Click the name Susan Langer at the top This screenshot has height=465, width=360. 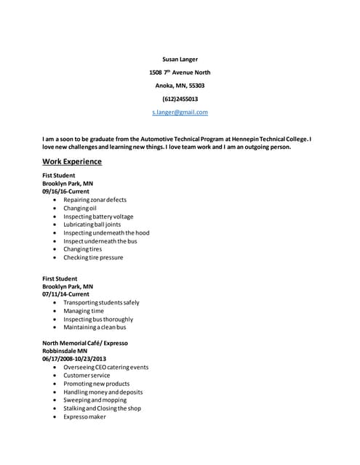coord(180,59)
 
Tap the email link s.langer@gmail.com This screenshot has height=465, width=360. coord(180,112)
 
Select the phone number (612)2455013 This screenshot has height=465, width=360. coord(180,99)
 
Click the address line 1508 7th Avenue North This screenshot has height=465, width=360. coord(180,73)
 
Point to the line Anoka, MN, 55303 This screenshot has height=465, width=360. coord(180,86)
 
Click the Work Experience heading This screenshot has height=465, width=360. coord(72,161)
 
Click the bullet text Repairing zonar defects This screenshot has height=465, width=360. coord(95,200)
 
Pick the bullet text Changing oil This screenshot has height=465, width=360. coord(80,208)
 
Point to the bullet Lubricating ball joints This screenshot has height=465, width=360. coord(92,225)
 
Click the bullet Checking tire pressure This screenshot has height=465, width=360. coord(93,257)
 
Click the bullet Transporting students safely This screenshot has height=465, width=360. coord(101,302)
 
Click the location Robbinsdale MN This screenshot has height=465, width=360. coord(65,350)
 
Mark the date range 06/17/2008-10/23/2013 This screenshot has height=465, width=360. coord(74,359)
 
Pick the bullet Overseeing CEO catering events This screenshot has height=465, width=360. coord(105,368)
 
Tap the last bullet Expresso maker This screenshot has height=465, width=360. coord(84,416)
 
